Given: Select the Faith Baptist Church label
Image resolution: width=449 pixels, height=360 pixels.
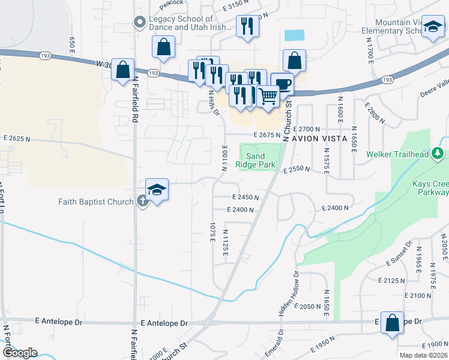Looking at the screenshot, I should point(96,202).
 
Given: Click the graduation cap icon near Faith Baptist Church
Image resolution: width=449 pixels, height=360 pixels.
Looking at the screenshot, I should point(157,190).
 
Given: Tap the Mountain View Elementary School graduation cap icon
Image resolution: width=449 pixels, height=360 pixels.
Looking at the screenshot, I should point(433,28).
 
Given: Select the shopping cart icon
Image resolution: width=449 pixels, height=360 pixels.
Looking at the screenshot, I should point(268,95).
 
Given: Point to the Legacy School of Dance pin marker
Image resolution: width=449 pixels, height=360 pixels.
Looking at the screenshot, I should point(139,23).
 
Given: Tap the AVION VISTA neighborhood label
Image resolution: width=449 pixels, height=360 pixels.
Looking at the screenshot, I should point(319,139).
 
